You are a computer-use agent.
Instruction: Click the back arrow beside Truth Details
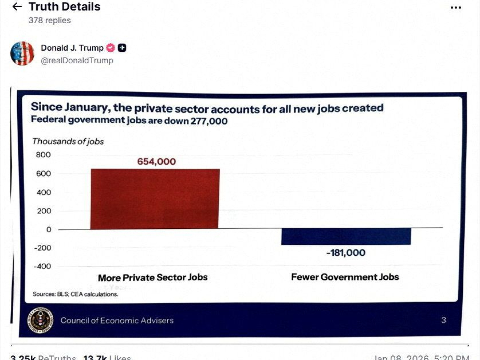tap(17, 7)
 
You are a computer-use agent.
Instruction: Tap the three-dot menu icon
tap(456, 7)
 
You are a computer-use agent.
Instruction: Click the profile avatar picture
tap(22, 53)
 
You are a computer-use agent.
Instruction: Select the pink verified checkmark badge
tap(111, 48)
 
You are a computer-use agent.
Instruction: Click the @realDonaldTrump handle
tap(77, 60)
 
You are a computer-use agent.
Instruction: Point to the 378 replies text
tap(49, 20)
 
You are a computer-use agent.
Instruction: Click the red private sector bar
tap(155, 199)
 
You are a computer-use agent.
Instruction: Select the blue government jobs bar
tap(346, 236)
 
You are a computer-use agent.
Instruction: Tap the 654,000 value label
tap(156, 162)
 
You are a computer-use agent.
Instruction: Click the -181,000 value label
tap(346, 253)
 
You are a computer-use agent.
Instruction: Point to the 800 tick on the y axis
tap(43, 155)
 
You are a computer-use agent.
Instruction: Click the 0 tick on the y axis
tap(49, 229)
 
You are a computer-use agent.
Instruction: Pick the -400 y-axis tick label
tap(42, 266)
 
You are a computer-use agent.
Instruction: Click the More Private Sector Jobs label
tap(153, 277)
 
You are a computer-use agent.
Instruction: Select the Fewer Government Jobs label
tap(345, 277)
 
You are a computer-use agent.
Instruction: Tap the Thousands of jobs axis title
tap(68, 141)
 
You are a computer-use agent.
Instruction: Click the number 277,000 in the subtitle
tap(209, 121)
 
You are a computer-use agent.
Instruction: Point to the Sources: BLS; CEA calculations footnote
tap(75, 294)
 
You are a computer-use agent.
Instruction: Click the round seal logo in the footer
tap(40, 320)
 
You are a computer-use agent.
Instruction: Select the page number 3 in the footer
tap(444, 320)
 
